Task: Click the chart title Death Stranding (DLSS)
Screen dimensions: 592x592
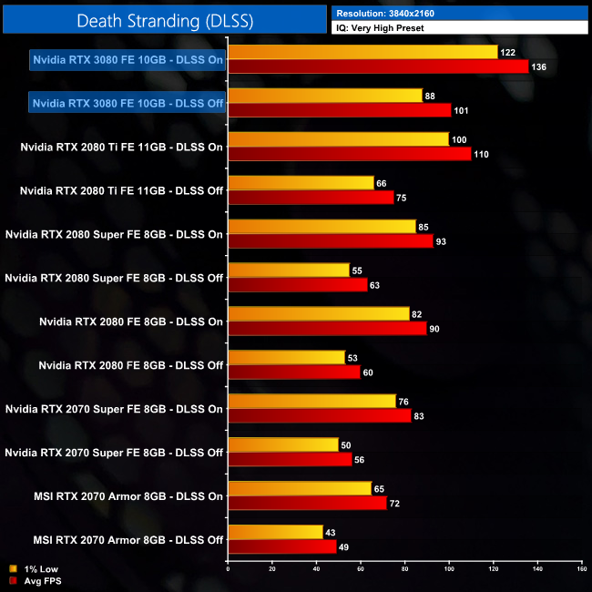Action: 164,19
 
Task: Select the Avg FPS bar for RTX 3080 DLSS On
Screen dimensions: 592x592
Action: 378,66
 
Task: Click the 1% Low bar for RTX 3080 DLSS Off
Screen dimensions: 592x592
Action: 325,96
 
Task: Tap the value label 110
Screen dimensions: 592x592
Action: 482,154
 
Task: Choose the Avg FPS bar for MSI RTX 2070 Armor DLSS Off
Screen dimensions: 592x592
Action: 282,547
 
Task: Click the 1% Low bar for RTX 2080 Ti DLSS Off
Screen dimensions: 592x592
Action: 301,183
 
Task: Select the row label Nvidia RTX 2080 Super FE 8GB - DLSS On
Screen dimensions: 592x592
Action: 114,234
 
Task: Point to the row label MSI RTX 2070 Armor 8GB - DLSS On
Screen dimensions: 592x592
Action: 128,496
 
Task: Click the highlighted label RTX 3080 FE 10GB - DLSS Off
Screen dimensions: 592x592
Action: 128,103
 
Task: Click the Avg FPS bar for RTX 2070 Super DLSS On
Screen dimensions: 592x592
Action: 320,416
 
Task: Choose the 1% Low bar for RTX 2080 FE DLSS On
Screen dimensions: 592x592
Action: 319,314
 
